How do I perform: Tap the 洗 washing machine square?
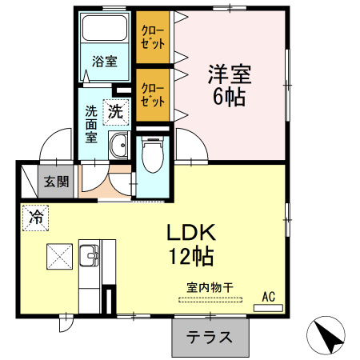(117, 112)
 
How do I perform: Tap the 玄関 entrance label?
(56, 182)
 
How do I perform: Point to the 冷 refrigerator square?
(35, 216)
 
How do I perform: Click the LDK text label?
(190, 233)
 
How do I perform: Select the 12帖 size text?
(190, 257)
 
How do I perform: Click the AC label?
(269, 297)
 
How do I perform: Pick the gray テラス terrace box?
(210, 337)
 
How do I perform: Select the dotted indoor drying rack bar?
(210, 300)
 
